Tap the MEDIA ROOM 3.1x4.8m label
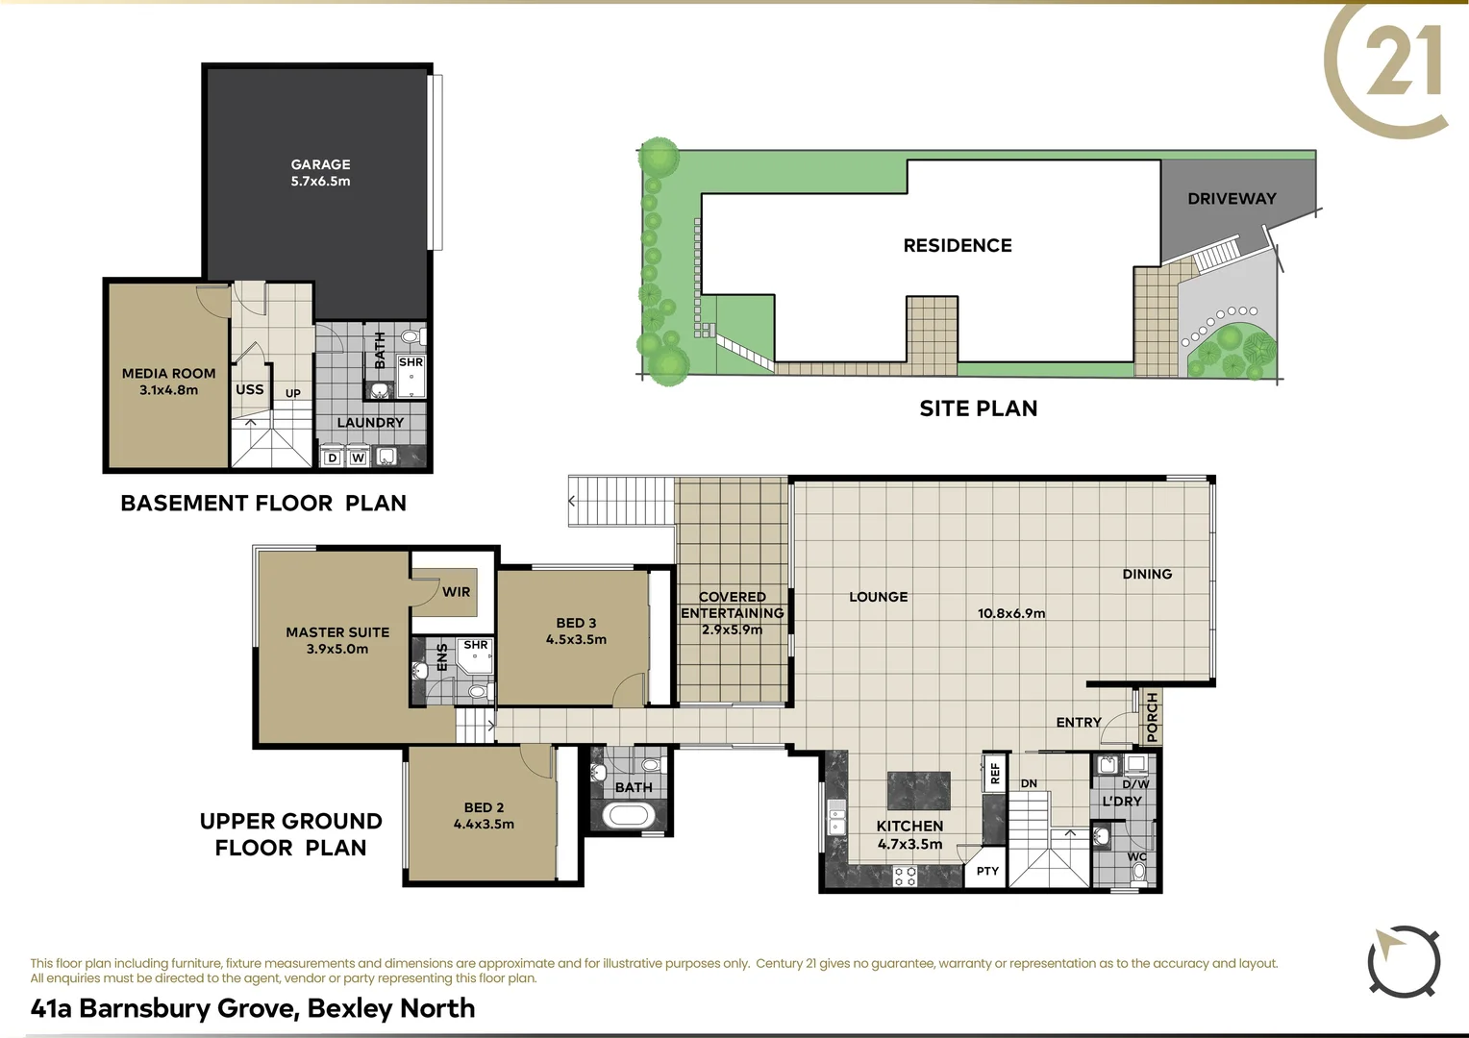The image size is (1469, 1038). click(168, 382)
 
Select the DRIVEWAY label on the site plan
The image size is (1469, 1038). click(1232, 199)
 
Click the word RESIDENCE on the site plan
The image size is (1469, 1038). click(958, 246)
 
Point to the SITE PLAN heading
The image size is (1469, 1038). click(978, 408)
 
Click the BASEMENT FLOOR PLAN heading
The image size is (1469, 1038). click(263, 503)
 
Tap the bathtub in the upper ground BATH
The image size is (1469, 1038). click(628, 816)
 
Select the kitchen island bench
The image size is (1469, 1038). click(918, 790)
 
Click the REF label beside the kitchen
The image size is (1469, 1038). click(995, 771)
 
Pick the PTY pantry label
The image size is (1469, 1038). click(987, 871)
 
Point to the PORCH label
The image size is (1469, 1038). click(1153, 717)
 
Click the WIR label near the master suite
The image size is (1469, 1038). click(456, 592)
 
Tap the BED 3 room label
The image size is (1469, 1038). click(576, 630)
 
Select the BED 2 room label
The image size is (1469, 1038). click(484, 816)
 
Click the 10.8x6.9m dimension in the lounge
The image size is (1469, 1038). click(1011, 613)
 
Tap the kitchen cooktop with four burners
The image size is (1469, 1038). click(905, 875)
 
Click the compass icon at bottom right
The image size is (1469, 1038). click(1404, 962)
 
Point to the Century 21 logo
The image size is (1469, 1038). click(1389, 67)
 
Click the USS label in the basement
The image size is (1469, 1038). click(249, 390)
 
